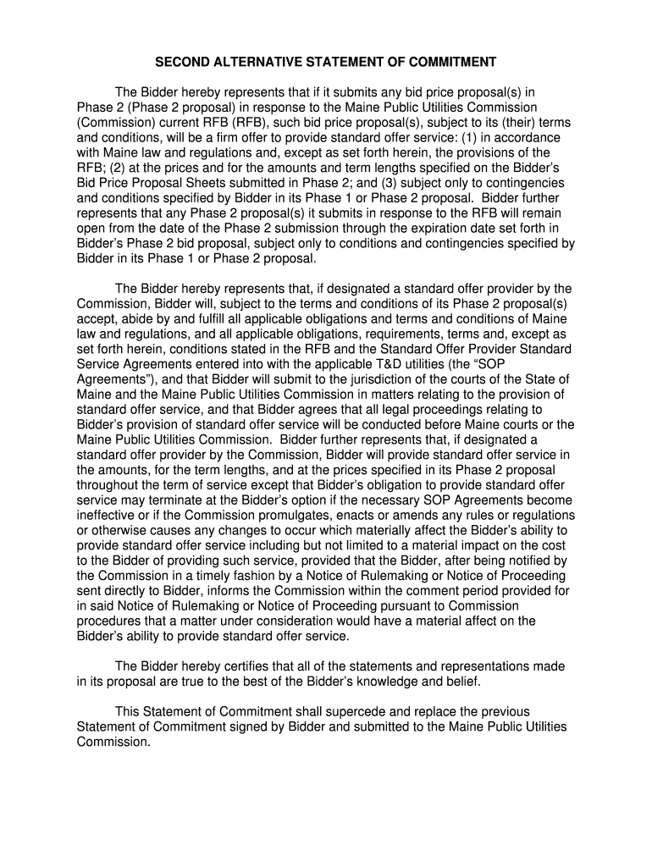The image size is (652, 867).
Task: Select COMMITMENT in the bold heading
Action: pos(456,62)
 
